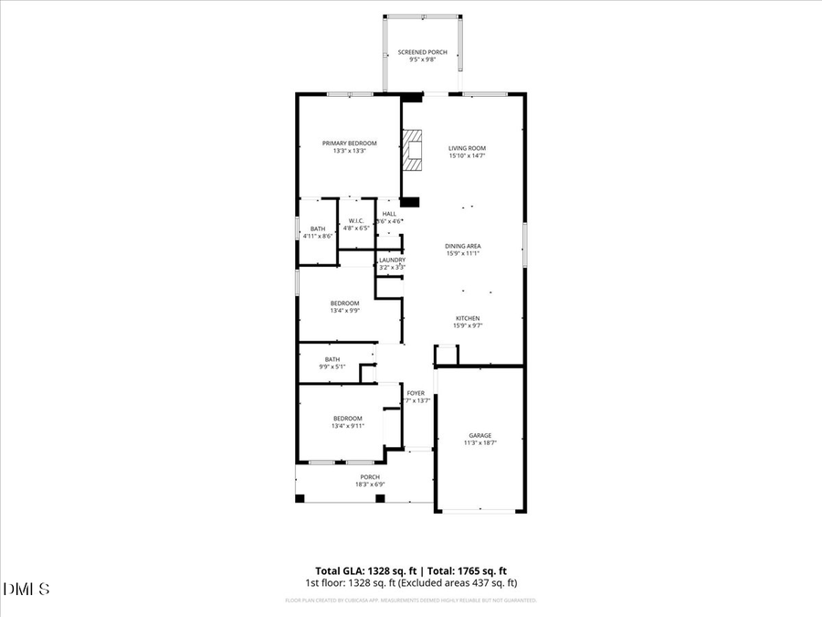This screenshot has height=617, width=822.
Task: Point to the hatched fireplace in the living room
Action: (413, 151)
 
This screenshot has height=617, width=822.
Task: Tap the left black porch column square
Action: (300, 498)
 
